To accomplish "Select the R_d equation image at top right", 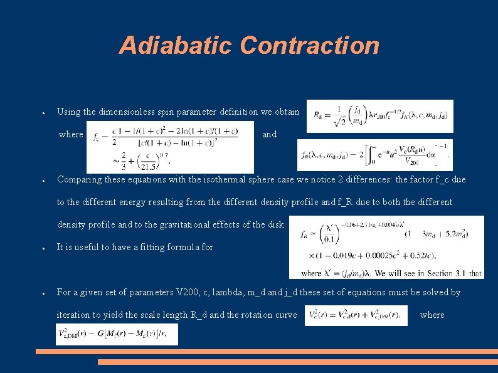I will (379, 116).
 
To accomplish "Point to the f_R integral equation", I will (374, 154).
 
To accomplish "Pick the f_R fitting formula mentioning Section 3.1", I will (386, 247).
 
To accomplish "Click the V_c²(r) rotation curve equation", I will (356, 315).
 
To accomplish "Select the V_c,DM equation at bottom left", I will (117, 334).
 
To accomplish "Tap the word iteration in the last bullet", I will (75, 315).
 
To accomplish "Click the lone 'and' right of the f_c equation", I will (269, 134).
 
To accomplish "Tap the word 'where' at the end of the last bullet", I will (432, 315).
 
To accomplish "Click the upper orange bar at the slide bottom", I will (267, 352).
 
